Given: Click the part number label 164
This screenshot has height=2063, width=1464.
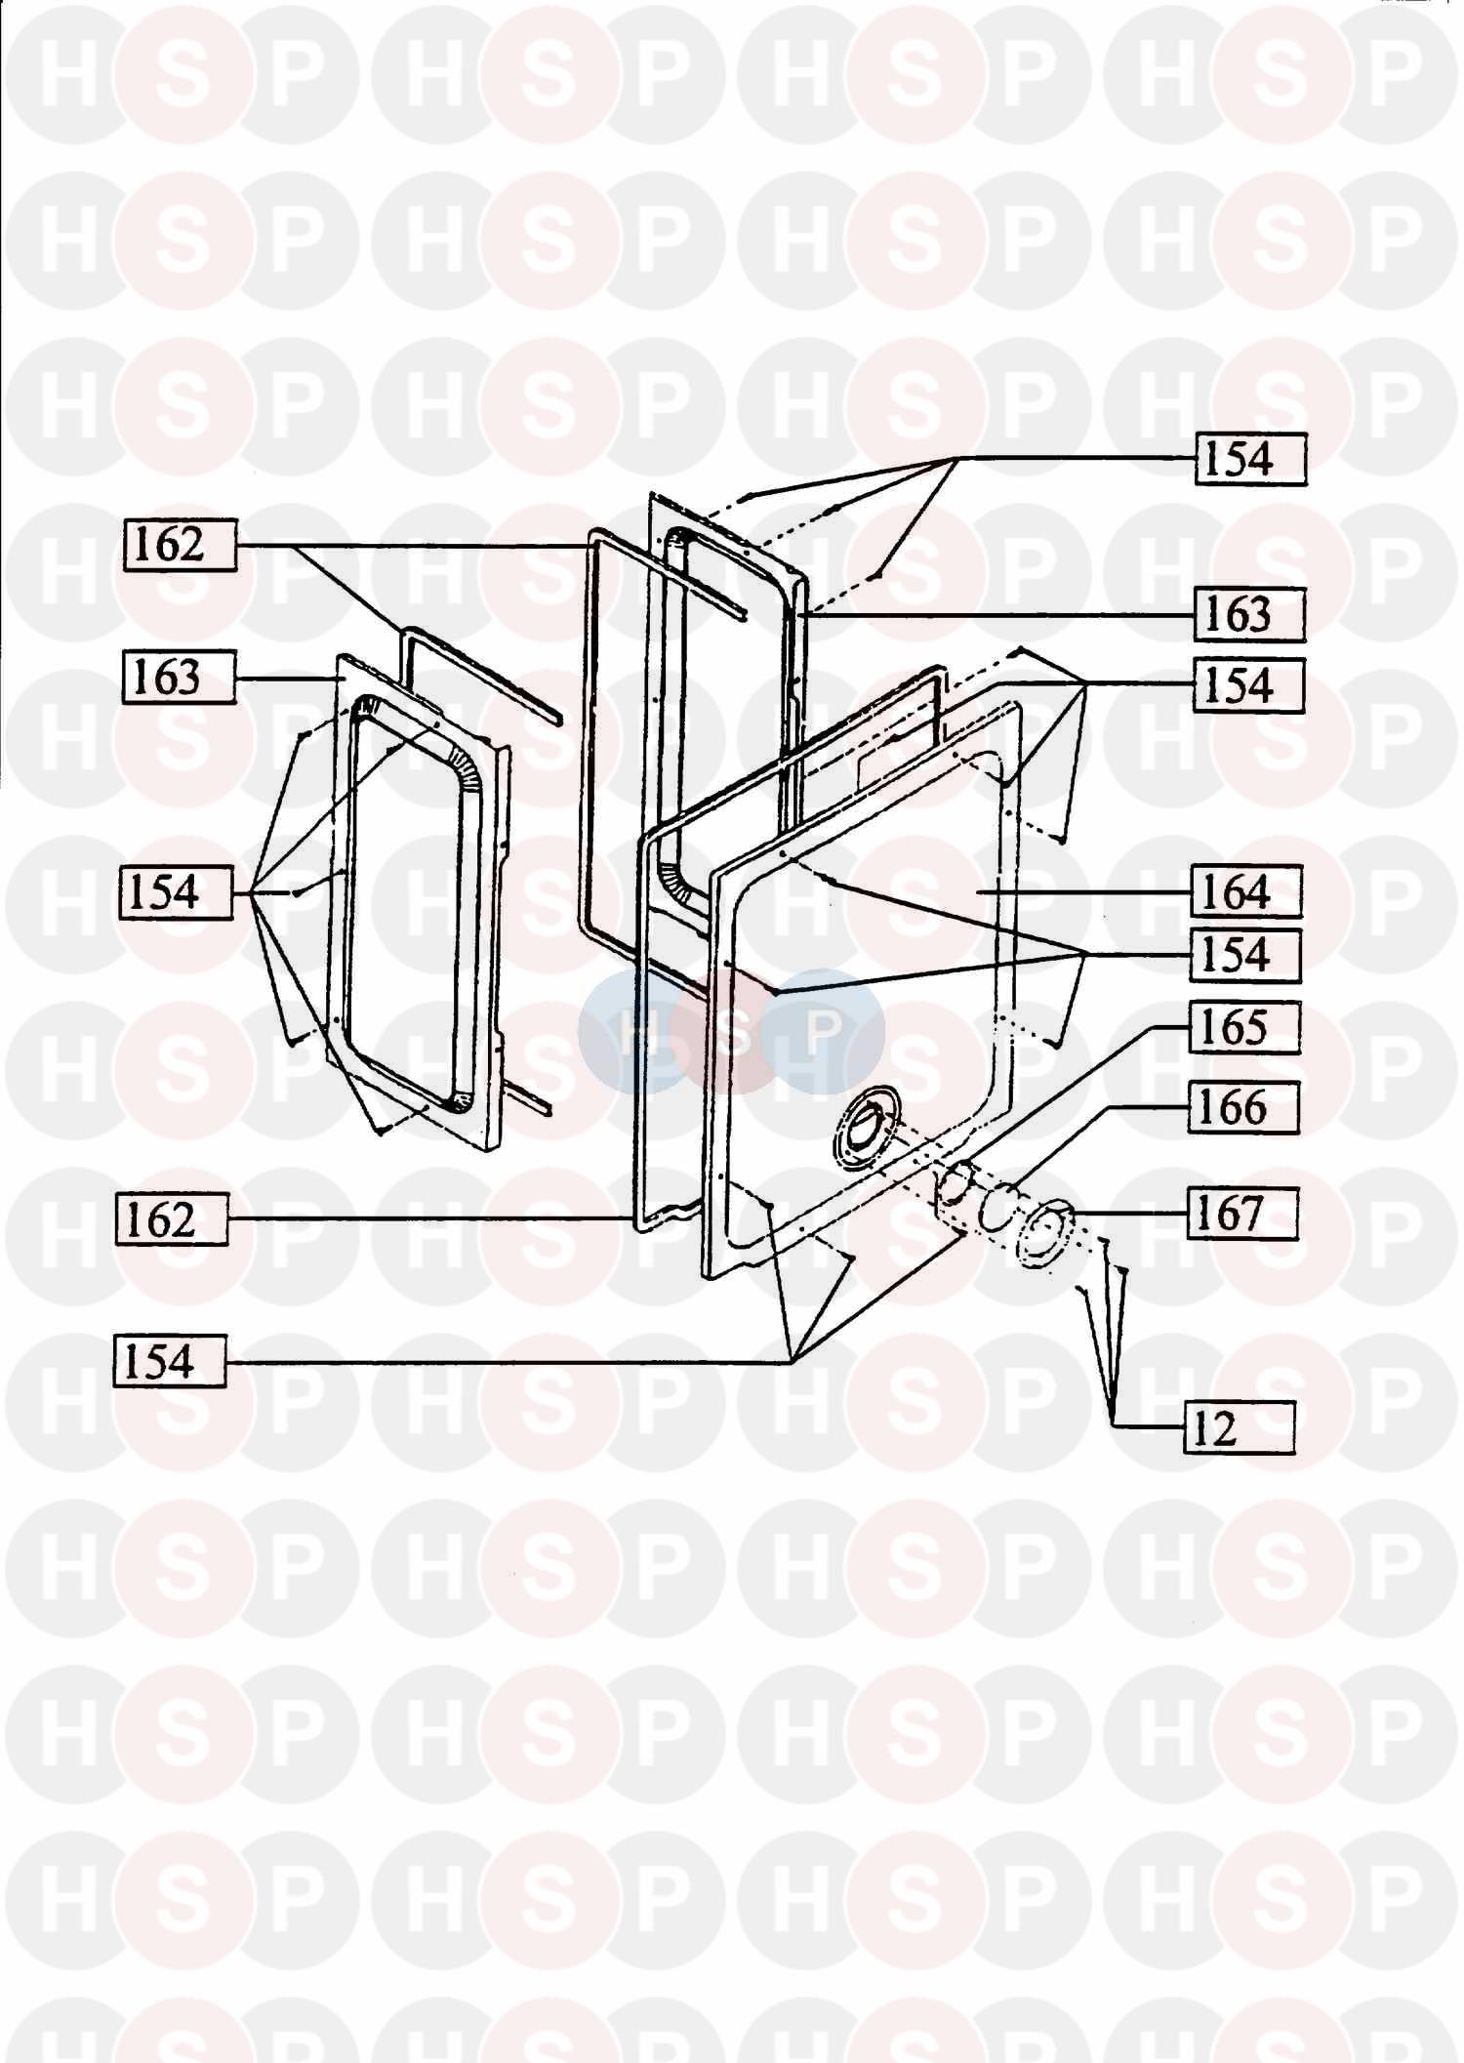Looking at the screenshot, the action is click(x=1246, y=891).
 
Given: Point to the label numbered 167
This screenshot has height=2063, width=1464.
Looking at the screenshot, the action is click(x=1242, y=1214).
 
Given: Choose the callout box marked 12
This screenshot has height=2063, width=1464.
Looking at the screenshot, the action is click(x=1240, y=1427).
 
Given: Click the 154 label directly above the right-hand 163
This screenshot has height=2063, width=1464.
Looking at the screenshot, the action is click(x=1250, y=458).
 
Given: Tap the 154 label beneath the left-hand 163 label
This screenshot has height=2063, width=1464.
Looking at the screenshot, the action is click(x=177, y=892).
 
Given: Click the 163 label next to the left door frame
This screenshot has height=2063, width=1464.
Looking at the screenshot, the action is click(x=179, y=677).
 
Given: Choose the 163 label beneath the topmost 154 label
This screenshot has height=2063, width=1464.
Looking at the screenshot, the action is click(x=1250, y=614).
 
